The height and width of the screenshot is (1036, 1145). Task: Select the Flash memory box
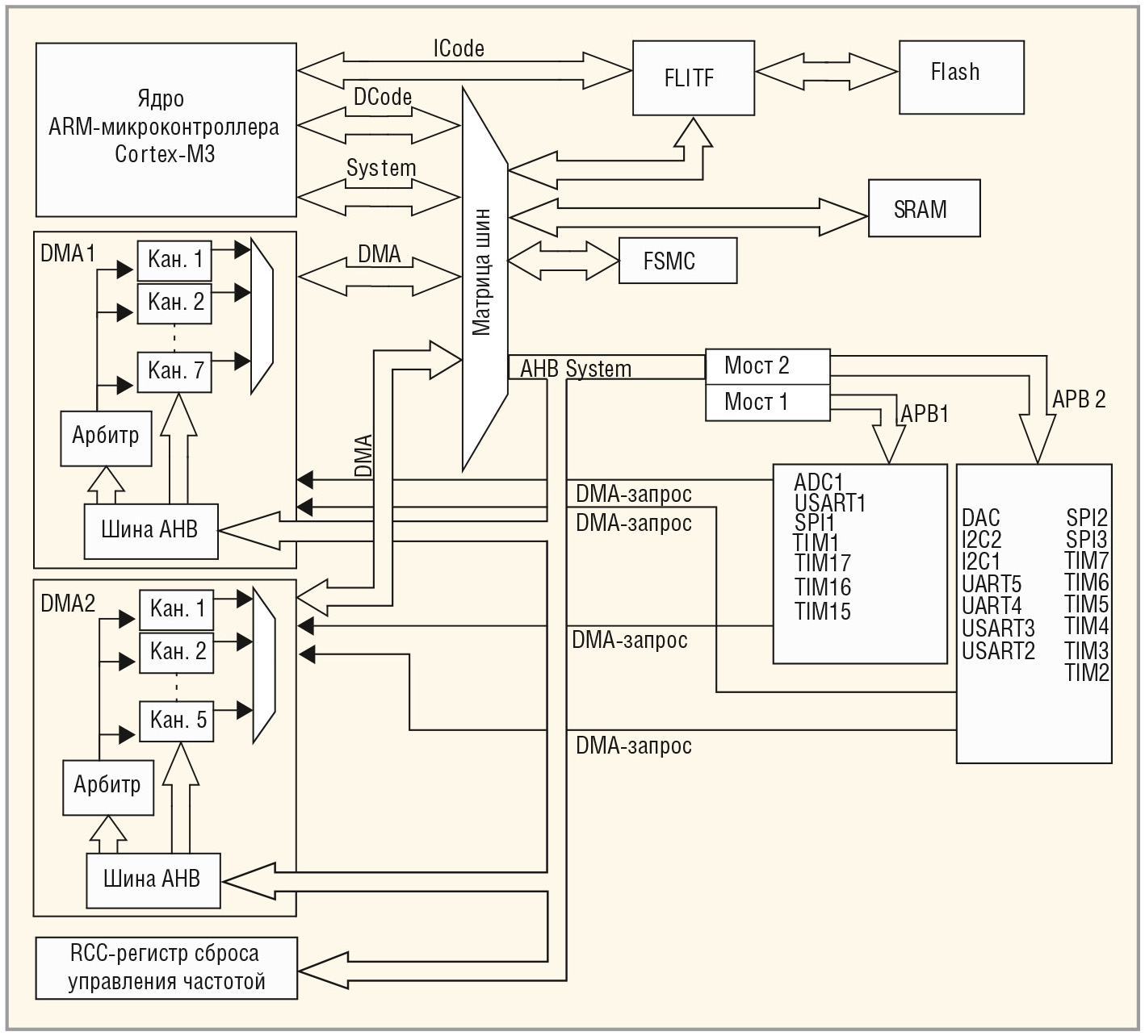pos(961,77)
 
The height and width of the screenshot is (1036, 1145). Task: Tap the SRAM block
pos(924,209)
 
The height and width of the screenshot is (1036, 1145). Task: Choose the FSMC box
pos(677,261)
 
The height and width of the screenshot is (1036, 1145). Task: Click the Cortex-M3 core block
pos(166,130)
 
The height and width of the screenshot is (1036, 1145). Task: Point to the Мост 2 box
pos(767,366)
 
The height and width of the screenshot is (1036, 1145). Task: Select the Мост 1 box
pos(767,402)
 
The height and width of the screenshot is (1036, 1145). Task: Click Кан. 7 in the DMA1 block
pos(174,372)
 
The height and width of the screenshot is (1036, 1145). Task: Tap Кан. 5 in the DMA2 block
pos(177,721)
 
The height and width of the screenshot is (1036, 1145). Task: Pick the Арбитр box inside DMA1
pos(106,437)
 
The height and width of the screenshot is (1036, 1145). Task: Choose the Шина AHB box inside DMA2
pos(153,879)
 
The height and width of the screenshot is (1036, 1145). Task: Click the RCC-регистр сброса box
pos(166,967)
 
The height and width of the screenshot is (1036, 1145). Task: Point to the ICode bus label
pos(459,48)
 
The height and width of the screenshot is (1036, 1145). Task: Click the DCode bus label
pos(383,97)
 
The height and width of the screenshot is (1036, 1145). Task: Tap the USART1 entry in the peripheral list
pos(829,503)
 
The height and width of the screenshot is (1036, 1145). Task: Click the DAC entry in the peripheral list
pos(980,518)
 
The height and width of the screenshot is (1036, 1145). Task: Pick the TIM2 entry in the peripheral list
pos(1086,673)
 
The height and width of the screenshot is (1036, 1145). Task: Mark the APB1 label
pos(925,414)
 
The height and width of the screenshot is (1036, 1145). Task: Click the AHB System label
pos(575,370)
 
